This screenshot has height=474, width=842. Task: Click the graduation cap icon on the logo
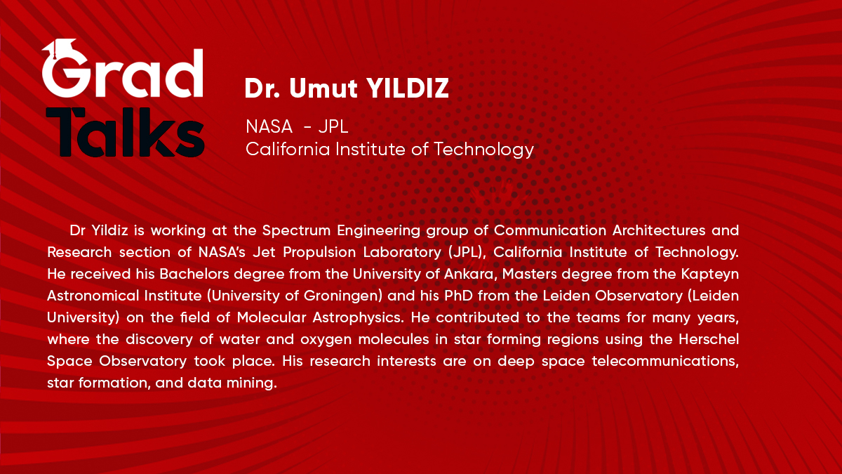(60, 47)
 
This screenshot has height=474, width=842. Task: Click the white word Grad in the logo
(123, 72)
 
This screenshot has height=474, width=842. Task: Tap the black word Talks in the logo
(125, 132)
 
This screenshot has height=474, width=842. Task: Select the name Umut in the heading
(323, 88)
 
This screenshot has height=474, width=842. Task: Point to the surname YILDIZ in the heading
(408, 88)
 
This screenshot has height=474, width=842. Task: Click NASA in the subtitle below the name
(269, 126)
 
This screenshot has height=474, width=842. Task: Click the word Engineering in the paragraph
(378, 231)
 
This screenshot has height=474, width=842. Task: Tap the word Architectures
(659, 230)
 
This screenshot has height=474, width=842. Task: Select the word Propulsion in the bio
(319, 252)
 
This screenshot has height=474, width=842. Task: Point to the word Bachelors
(194, 274)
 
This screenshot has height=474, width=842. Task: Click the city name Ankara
(469, 275)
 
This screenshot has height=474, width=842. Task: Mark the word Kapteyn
(710, 275)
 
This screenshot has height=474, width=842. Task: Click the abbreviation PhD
(459, 296)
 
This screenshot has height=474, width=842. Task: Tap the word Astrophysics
(356, 318)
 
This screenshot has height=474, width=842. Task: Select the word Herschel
(709, 339)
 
